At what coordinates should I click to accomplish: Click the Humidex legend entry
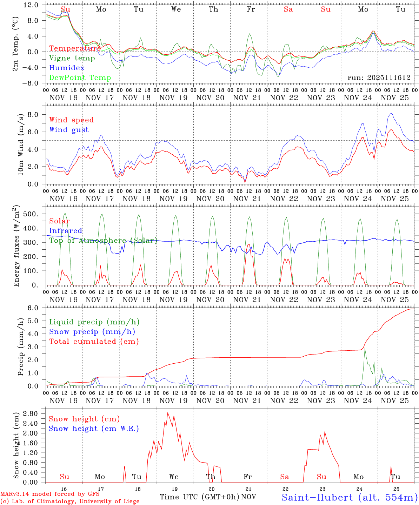(67, 68)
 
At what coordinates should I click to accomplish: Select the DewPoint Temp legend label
(80, 78)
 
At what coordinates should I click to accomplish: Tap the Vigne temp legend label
(72, 58)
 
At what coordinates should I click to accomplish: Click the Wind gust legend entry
(69, 130)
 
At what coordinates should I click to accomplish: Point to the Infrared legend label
(66, 231)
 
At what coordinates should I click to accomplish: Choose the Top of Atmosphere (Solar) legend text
(103, 241)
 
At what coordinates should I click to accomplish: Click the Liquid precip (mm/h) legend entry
(94, 322)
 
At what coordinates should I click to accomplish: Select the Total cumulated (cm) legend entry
(94, 342)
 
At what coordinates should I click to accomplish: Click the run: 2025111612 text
(379, 78)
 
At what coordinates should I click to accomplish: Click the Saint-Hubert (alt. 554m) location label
(350, 497)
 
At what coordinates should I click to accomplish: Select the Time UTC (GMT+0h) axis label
(199, 497)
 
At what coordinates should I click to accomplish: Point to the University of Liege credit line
(70, 501)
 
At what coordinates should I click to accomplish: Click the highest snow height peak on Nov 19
(168, 413)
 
